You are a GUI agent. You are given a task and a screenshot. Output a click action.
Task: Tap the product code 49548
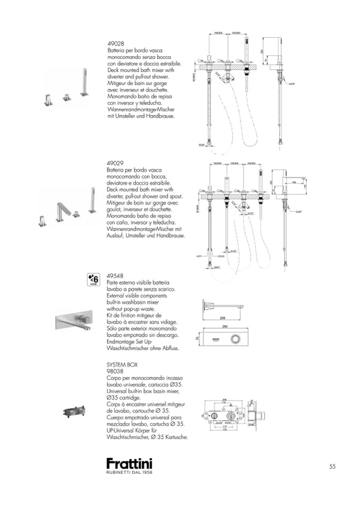tap(116, 276)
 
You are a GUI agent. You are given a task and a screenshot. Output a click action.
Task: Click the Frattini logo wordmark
tap(129, 463)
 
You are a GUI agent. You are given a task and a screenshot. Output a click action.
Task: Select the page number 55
tap(332, 466)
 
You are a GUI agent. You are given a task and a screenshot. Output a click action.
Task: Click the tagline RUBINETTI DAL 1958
tap(129, 472)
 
